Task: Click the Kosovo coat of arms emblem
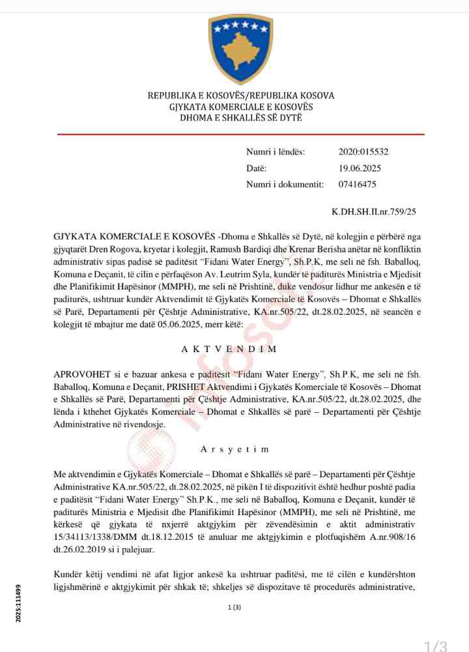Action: (240, 48)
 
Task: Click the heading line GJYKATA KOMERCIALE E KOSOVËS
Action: (240, 107)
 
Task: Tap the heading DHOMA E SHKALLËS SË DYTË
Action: (240, 118)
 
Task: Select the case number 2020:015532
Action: (363, 152)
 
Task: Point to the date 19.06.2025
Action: (360, 168)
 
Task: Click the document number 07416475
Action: (357, 185)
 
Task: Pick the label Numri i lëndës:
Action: (275, 152)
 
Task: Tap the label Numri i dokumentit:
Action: (285, 185)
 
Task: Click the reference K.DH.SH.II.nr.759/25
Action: (374, 212)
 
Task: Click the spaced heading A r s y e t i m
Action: (234, 449)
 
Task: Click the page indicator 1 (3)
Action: (234, 608)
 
